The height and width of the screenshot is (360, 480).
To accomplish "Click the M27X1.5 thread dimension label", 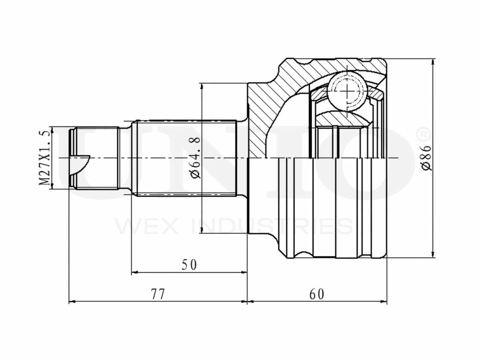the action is coord(44,158).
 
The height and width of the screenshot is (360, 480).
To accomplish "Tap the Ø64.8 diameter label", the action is coord(195,158).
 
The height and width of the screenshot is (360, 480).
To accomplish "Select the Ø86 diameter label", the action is coord(427,158).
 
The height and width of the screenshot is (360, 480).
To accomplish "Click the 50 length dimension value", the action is coord(189,265).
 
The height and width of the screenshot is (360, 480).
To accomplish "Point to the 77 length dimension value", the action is coord(158,294).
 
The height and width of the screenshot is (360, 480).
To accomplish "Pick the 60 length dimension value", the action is coord(317,294).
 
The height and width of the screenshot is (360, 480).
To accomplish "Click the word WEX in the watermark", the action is coord(147,226).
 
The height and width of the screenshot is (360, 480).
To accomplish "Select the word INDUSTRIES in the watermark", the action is coord(272,226).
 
